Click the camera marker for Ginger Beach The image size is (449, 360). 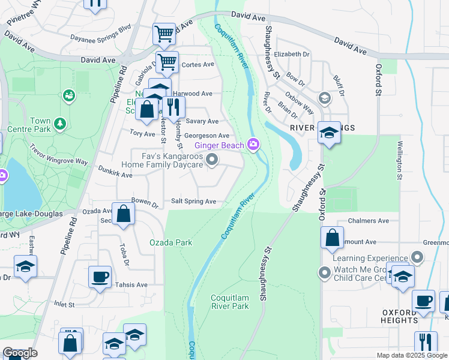click(254, 145)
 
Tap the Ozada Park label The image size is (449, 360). click(171, 242)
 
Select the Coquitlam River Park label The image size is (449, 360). click(230, 302)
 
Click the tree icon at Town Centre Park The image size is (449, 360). click(59, 124)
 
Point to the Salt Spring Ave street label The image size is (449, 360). click(193, 202)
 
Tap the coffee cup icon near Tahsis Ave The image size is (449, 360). click(100, 277)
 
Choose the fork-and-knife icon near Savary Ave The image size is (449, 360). click(173, 107)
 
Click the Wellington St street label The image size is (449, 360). click(398, 160)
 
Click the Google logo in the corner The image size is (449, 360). click(20, 353)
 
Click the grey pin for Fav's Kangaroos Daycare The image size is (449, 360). click(211, 159)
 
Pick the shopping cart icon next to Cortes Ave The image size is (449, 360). click(168, 61)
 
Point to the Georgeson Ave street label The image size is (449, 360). click(206, 136)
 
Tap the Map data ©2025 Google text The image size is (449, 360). click(411, 355)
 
